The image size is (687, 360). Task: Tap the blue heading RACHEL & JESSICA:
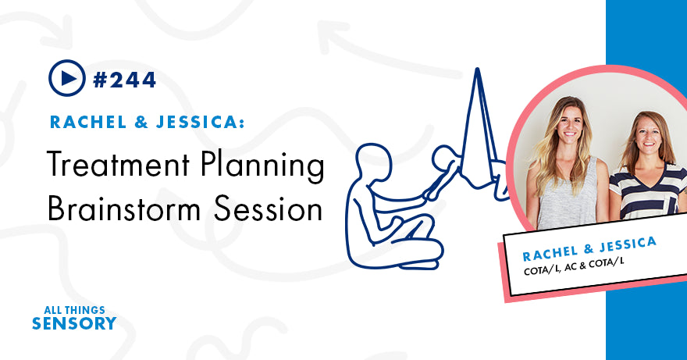click(x=148, y=122)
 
